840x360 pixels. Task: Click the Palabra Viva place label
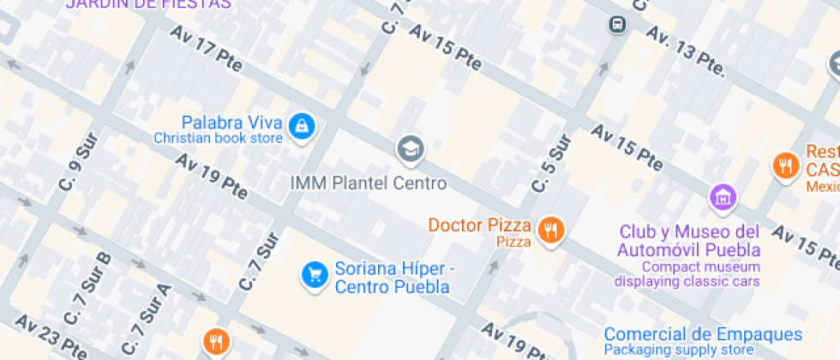[231, 122]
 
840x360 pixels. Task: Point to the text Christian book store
[218, 138]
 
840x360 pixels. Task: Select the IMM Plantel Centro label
[369, 183]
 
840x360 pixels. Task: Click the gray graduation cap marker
[411, 150]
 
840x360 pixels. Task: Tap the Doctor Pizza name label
[480, 225]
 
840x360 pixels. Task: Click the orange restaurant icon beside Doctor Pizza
[549, 230]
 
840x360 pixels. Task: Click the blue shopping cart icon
[314, 274]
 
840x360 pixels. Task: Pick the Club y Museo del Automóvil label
[689, 241]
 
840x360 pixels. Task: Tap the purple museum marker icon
[723, 197]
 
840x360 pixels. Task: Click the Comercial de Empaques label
[703, 334]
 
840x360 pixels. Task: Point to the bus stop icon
[616, 25]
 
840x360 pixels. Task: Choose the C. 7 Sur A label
[147, 320]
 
